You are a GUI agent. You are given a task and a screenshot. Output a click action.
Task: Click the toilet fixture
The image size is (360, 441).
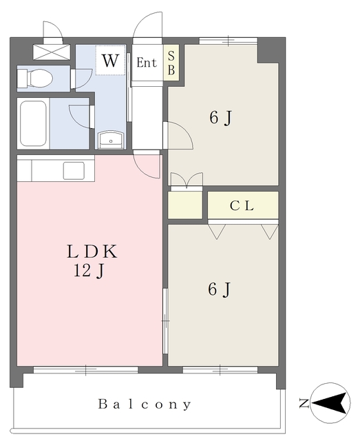[35, 79]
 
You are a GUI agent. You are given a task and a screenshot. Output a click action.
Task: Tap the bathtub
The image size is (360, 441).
[33, 123]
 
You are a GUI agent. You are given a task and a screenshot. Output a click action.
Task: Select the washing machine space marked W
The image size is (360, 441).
[110, 60]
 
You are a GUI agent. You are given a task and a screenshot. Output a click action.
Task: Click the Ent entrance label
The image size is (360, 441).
[147, 63]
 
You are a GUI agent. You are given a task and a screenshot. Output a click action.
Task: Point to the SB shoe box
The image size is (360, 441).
[171, 63]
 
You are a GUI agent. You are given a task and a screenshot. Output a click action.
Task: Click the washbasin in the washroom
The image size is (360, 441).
[111, 140]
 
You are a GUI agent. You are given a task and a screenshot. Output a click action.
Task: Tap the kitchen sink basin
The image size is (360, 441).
[74, 171]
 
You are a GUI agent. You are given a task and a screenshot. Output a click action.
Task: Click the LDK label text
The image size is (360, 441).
[92, 252]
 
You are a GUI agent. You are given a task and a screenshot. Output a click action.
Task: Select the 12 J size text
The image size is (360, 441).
[89, 271]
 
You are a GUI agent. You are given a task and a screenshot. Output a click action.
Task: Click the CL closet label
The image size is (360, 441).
[242, 205]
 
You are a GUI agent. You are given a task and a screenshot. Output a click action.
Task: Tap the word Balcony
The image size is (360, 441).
[145, 404]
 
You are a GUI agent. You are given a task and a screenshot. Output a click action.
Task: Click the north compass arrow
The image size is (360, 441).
[329, 403]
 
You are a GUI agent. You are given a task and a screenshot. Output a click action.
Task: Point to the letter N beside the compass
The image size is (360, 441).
[304, 404]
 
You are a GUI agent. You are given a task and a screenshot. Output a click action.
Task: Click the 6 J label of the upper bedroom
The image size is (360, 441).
[220, 118]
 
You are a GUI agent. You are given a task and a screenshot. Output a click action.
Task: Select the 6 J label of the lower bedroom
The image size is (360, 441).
[220, 289]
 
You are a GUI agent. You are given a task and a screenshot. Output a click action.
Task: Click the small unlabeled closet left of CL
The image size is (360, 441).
[185, 205]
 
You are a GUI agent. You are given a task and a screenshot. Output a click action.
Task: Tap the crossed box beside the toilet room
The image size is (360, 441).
[52, 52]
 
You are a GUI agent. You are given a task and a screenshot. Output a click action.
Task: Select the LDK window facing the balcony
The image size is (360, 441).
[86, 370]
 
